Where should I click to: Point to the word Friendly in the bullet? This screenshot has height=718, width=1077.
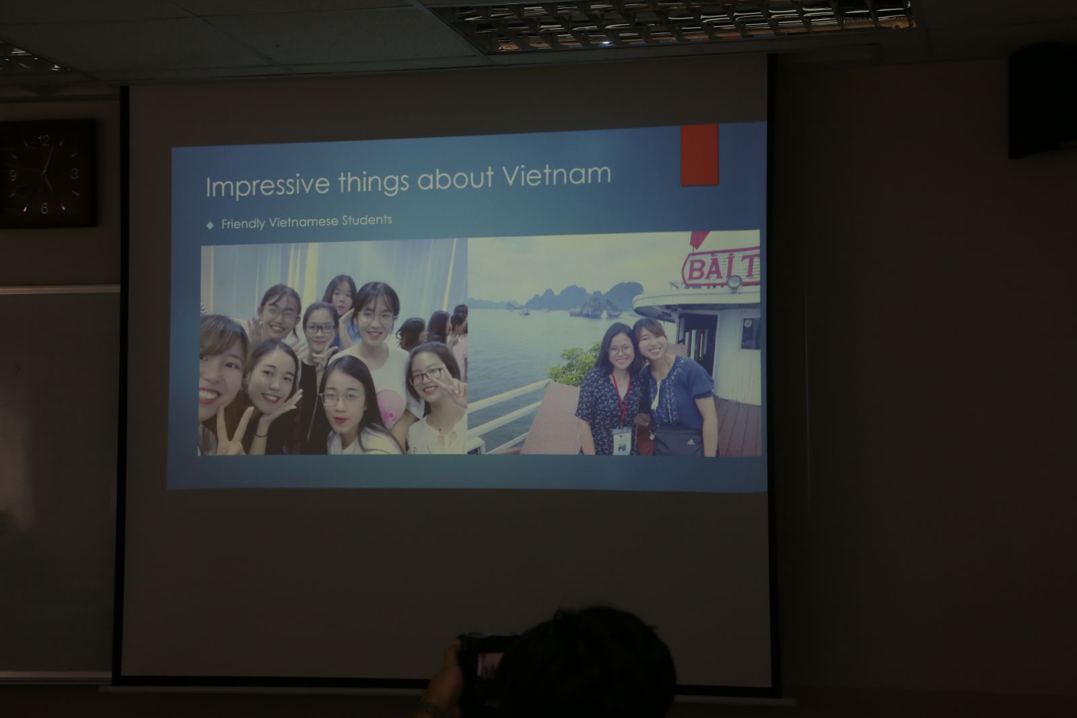[x=243, y=223]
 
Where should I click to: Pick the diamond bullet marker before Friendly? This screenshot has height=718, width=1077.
[x=210, y=225]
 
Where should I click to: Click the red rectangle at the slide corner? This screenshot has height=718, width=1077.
[x=700, y=155]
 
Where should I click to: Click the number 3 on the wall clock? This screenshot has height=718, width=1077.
[x=75, y=174]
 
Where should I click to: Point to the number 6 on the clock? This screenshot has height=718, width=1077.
[x=44, y=208]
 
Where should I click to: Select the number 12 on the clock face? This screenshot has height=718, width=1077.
[x=44, y=141]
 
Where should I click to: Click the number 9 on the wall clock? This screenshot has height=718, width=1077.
[x=13, y=175]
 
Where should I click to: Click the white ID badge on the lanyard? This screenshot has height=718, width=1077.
[x=622, y=441]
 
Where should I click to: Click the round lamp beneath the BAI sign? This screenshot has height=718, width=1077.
[x=734, y=283]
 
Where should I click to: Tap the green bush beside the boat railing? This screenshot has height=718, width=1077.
[x=575, y=364]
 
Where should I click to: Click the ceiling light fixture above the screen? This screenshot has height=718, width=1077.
[x=673, y=24]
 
